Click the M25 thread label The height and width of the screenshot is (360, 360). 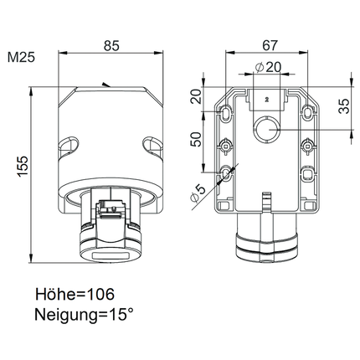coord(21,58)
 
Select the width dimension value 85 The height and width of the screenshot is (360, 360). coord(111,46)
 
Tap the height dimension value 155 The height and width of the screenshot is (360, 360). coord(23,166)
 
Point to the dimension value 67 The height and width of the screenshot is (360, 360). coord(270,45)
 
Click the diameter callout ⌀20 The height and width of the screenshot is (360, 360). coord(268,67)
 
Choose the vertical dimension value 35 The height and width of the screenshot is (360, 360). coord(344,106)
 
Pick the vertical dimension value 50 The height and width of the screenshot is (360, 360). coord(196,139)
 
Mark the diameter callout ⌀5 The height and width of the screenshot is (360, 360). coord(198,193)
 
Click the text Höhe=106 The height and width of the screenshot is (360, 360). coord(75,294)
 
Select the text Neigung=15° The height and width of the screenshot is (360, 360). coord(84,315)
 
